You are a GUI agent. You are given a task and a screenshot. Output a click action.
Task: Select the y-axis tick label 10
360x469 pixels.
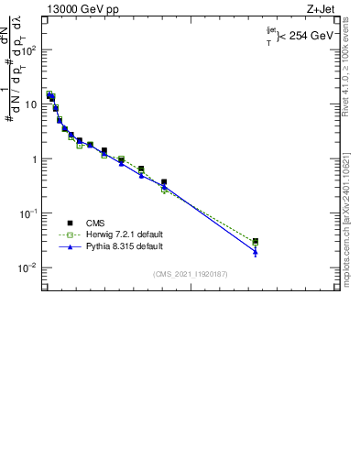click(x=31, y=104)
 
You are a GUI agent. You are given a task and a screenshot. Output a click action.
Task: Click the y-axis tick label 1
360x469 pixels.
click(x=35, y=159)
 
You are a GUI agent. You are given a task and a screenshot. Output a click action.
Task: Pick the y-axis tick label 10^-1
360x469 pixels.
click(x=29, y=213)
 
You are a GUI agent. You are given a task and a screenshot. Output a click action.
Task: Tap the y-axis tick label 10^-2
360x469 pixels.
click(x=29, y=267)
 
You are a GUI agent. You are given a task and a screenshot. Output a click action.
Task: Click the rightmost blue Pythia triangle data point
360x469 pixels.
click(x=256, y=252)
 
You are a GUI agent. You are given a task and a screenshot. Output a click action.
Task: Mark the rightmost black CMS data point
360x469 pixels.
click(x=256, y=241)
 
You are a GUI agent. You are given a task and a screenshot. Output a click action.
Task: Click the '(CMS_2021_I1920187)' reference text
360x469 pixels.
click(x=190, y=274)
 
